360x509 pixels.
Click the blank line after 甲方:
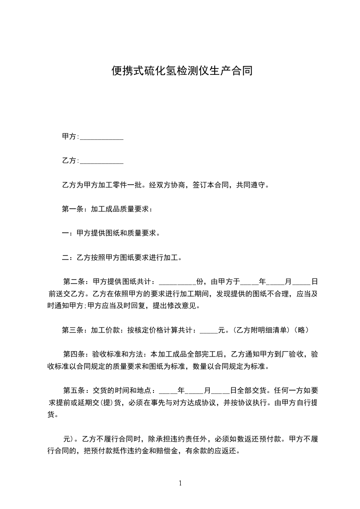tap(102, 137)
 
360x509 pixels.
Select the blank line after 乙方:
tap(102, 161)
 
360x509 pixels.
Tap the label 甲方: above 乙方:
tap(70, 137)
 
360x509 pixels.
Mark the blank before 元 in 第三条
tap(209, 331)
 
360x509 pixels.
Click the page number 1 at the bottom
tap(180, 483)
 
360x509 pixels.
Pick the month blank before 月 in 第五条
tap(195, 391)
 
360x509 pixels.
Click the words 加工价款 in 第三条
tap(105, 330)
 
